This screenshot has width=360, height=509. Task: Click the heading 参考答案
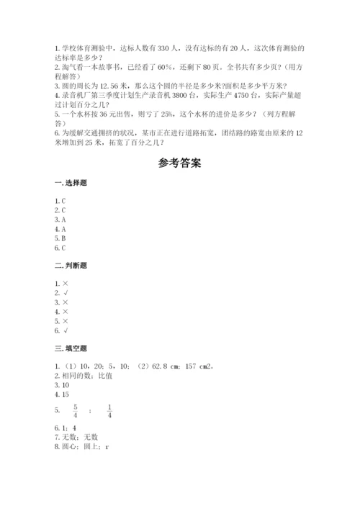(x=179, y=163)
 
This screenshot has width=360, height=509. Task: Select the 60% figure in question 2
(x=175, y=66)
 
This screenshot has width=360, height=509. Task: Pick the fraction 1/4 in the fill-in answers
(x=109, y=410)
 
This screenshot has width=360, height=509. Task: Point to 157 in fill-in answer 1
(x=191, y=366)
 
